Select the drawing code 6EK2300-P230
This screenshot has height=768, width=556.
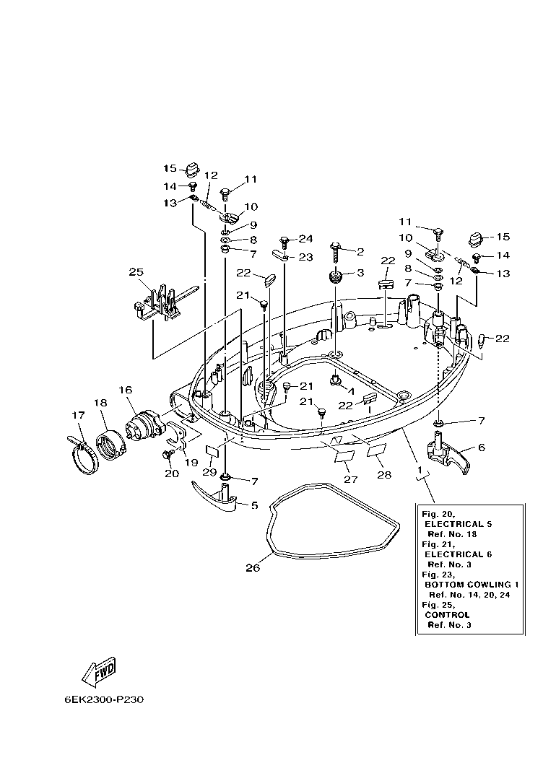coord(104,699)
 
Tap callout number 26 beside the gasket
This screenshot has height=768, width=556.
coord(251,568)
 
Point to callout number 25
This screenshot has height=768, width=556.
coord(136,272)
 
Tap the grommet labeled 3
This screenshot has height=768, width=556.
coord(335,276)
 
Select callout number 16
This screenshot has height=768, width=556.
coord(125,390)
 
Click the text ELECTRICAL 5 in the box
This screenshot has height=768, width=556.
coord(458,523)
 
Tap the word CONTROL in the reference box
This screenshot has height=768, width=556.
coord(447,615)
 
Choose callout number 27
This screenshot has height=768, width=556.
coord(350,479)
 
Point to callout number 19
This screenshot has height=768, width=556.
coord(191,462)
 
